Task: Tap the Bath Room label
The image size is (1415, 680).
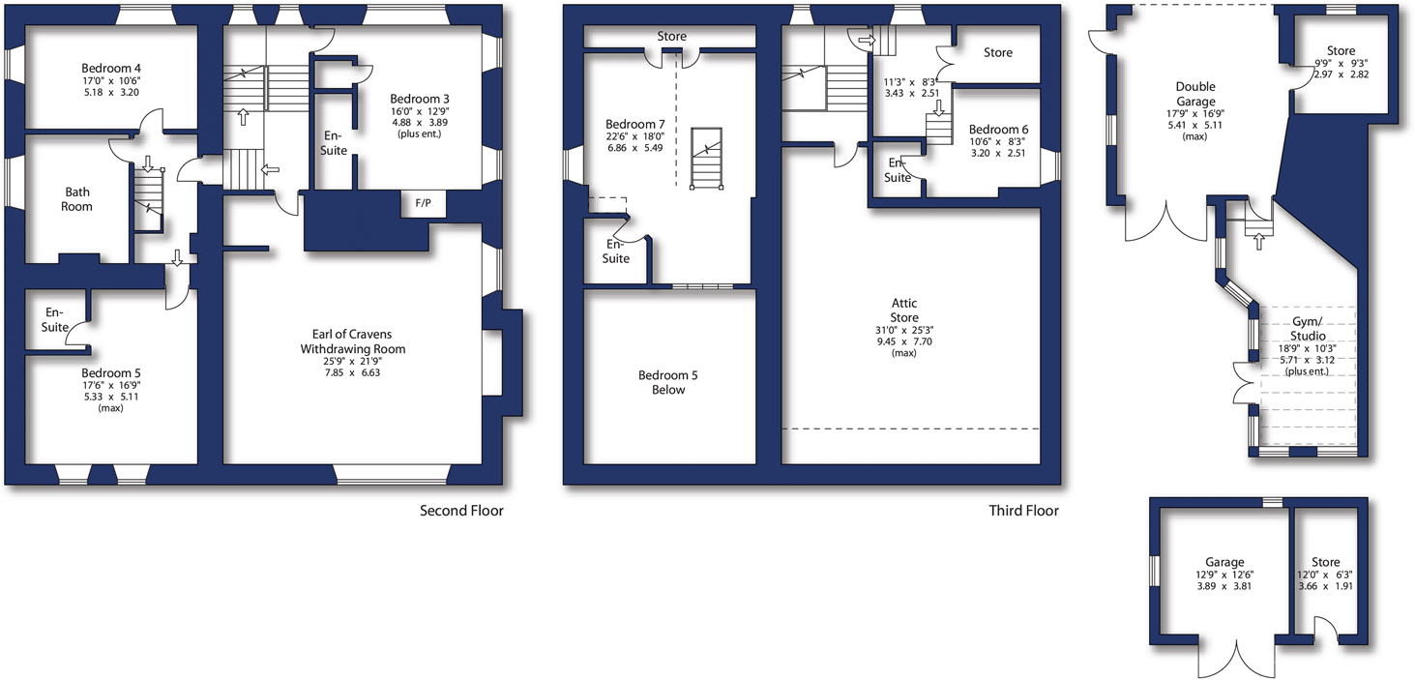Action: pos(77,199)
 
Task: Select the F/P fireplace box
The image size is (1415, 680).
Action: pos(424,204)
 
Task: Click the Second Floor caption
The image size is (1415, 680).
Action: pos(461,511)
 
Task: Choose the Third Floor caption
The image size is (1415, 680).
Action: pos(1023,511)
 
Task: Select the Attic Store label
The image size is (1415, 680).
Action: pos(904,310)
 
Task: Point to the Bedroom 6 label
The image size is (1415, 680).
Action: pos(998,130)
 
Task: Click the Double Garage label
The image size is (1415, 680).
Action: pos(1196,94)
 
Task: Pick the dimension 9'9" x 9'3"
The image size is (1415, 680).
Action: pos(1341,65)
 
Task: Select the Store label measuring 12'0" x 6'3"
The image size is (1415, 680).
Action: pos(1326,562)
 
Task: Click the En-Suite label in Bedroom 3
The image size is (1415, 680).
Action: pos(334,144)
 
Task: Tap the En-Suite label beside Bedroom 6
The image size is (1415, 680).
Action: pos(898,170)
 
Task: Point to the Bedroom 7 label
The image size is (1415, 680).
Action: pos(634,124)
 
